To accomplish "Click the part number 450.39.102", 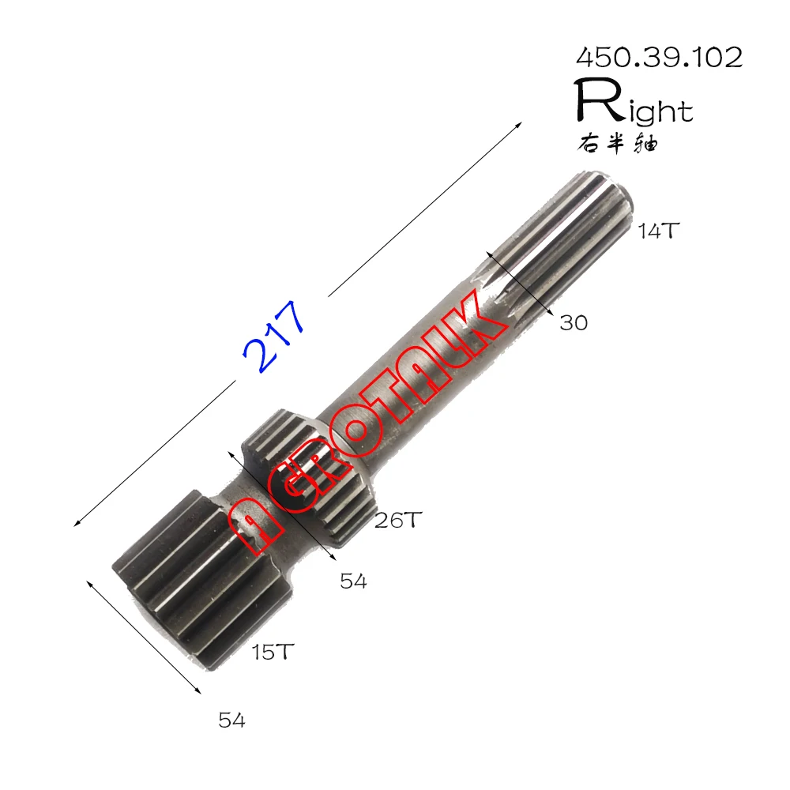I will coord(659,57).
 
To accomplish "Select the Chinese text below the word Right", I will coord(616,144).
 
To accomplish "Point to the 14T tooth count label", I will coord(659,231).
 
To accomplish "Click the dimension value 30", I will coord(574,322).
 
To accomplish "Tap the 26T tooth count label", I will coord(399,520).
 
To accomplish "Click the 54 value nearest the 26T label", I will coord(353,581).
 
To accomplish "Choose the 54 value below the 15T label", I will coord(231,720).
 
